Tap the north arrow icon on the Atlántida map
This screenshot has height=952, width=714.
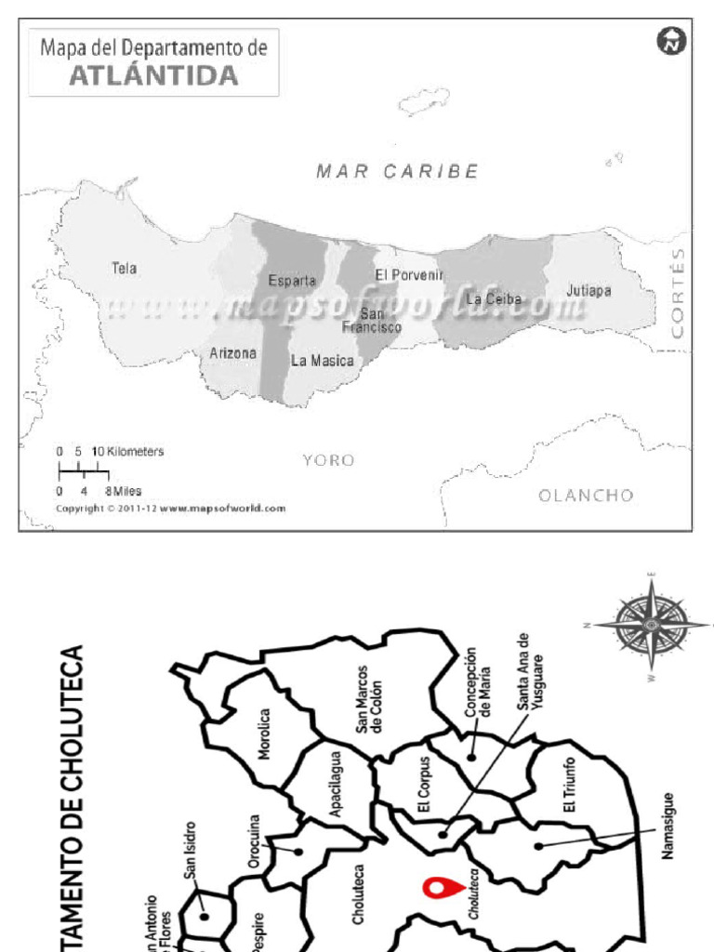pos(670,42)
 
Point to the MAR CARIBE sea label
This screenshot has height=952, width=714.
pos(397,171)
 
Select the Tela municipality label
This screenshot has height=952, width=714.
pos(124,269)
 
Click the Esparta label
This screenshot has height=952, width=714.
pos(292,280)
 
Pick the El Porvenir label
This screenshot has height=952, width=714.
pos(405,275)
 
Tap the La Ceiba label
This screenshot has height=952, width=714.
pos(494,299)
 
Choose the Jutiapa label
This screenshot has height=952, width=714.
pos(588,291)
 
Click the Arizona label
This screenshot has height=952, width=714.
pos(232,353)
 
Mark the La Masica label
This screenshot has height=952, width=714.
pos(322,361)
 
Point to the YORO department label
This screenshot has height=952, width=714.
pos(328,460)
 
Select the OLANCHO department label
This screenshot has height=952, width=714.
pos(586,495)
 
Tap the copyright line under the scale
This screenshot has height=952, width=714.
pos(170,509)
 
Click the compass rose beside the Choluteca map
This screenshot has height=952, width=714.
pos(651,624)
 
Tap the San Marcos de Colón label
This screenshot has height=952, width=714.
pos(369,699)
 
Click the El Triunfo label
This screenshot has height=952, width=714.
pos(569,786)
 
